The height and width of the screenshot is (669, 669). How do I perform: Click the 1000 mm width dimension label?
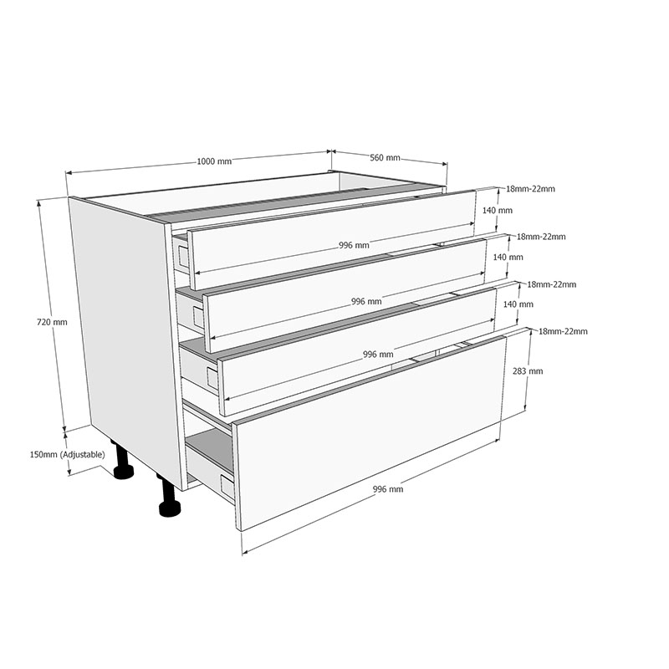pos(214,161)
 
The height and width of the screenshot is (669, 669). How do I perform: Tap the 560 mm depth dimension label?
pos(385,158)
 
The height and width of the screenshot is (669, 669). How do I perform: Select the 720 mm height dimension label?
pos(52,322)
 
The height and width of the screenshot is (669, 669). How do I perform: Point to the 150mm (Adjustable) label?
pos(67,455)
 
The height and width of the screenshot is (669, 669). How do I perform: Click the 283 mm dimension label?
pos(528,371)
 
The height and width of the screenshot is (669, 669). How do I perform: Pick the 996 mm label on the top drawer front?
pos(354,245)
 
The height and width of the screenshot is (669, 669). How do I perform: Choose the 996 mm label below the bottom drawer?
pos(388,489)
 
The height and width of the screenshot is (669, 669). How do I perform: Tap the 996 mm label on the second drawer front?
pos(366,302)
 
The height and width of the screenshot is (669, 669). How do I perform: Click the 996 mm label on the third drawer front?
pos(378,354)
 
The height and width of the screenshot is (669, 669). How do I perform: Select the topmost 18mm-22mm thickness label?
pos(530,189)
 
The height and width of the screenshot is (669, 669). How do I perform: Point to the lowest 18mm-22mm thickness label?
pos(563,331)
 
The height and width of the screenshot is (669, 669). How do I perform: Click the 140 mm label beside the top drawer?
pos(497,211)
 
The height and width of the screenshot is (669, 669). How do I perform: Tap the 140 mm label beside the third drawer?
pos(518,304)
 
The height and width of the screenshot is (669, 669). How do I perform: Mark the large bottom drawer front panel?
pos(368,432)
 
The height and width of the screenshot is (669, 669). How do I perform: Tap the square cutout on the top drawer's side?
pos(183,255)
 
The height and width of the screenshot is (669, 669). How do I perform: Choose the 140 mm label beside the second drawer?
pos(508,258)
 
